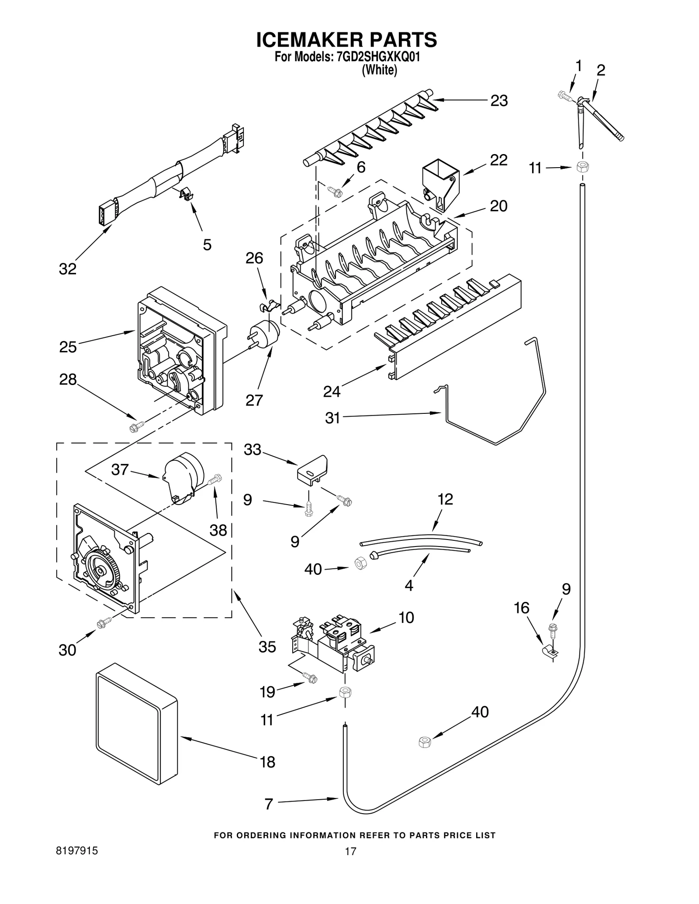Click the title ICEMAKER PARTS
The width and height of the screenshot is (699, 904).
[346, 40]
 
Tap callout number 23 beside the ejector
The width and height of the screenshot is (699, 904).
[498, 101]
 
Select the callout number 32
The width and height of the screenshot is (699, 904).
[68, 269]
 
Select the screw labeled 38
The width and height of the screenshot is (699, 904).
[215, 479]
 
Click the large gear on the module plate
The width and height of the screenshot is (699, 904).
[101, 571]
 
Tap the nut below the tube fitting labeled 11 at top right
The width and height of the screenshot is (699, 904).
[582, 167]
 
